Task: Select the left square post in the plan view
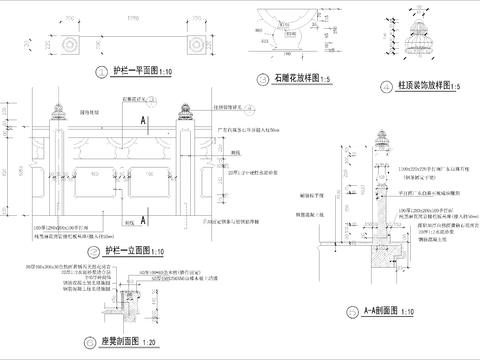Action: (70, 46)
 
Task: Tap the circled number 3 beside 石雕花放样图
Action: (263, 78)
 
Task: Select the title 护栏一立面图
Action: (125, 251)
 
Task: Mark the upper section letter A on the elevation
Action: (145, 119)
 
